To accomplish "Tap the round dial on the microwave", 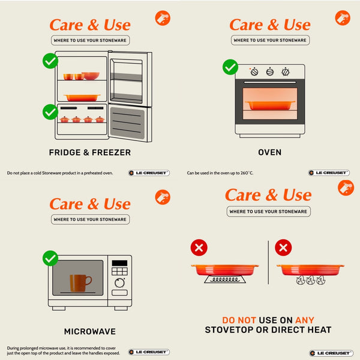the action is [119, 283].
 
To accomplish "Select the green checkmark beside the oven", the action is [230, 67].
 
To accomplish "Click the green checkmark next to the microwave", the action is [50, 258].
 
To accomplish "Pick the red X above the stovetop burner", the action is [199, 247].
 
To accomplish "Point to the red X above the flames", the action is [283, 247].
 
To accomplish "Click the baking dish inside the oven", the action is [270, 106].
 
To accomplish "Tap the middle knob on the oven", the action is [270, 72].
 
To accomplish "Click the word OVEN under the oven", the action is [270, 152].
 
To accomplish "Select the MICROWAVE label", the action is [90, 331].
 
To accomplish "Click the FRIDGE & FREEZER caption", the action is [90, 152].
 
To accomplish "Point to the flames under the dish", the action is [310, 280].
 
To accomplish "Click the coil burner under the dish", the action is [225, 279].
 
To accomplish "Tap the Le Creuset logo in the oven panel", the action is [329, 173].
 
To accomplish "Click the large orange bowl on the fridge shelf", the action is [91, 76].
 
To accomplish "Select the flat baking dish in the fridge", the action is [82, 98].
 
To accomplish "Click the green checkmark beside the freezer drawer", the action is [50, 112].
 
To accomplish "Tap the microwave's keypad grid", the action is [119, 271].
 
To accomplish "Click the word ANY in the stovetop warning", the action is [305, 320].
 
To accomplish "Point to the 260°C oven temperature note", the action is [220, 173].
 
